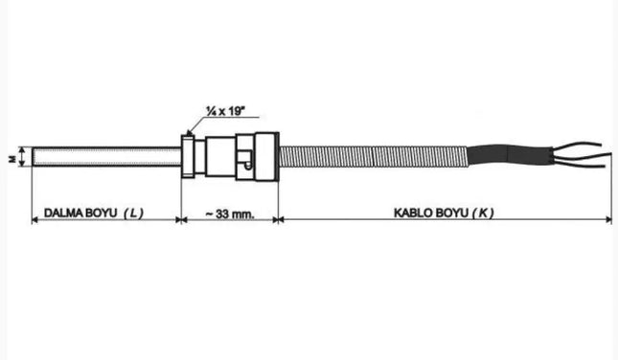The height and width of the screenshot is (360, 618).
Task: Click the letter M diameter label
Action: (12, 157)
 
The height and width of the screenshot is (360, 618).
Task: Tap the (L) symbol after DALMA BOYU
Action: (134, 213)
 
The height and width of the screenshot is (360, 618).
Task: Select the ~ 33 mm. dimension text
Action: (229, 213)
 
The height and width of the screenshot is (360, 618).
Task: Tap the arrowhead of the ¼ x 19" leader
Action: (191, 133)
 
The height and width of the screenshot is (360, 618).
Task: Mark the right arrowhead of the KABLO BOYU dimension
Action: (608, 220)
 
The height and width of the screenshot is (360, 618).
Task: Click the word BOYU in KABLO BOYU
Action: (455, 213)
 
